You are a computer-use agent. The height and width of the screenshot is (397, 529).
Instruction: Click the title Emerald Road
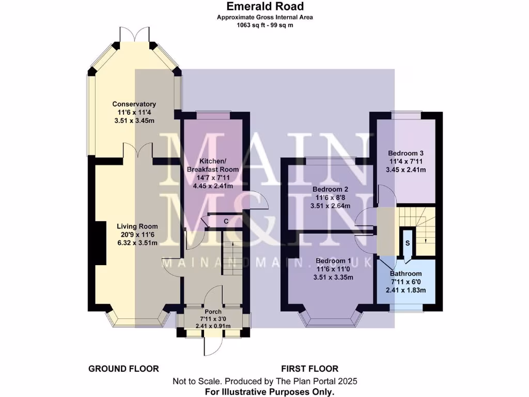(x=264, y=7)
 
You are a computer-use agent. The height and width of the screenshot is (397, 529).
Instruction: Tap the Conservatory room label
(x=134, y=104)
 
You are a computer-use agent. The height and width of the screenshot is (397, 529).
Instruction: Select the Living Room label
(x=137, y=226)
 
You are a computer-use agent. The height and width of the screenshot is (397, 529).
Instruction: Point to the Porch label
(x=213, y=312)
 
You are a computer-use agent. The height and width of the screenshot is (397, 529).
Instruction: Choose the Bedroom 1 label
(x=333, y=261)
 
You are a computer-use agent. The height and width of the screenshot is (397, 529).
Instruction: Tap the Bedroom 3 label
(x=406, y=154)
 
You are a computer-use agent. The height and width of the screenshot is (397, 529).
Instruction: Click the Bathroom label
(x=406, y=274)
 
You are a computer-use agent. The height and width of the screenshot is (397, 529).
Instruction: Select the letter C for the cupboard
(x=226, y=222)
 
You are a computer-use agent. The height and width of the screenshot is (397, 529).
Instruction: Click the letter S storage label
(x=408, y=242)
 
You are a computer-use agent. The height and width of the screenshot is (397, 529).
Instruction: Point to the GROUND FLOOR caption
(x=123, y=369)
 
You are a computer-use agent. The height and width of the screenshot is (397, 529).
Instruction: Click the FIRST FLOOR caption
(x=310, y=369)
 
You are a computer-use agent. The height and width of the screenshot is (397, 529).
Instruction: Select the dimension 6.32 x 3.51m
(x=137, y=243)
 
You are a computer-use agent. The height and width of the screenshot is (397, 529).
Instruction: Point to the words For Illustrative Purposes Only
(x=264, y=391)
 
